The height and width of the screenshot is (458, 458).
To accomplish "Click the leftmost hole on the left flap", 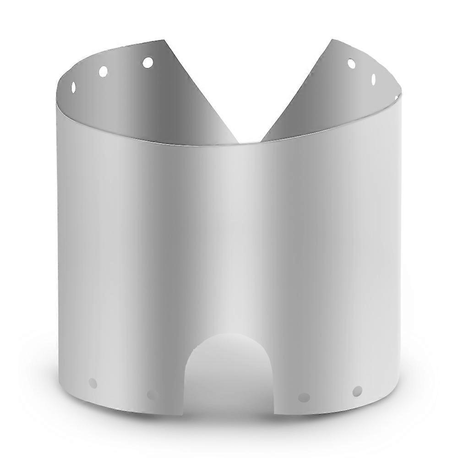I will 73,87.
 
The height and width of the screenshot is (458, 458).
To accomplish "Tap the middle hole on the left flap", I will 104,71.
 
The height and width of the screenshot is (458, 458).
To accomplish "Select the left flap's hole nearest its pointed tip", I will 147,62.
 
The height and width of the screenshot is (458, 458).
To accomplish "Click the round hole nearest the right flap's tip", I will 351,64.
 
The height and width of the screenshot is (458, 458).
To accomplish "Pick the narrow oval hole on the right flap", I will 373,79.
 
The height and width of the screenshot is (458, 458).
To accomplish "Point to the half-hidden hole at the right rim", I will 397,97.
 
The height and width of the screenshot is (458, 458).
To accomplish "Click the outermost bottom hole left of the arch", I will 93,383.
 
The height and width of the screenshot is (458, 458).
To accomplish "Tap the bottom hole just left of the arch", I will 152,394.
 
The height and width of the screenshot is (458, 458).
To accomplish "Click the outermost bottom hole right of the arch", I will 357,391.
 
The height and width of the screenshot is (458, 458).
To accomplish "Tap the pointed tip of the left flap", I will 165,40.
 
